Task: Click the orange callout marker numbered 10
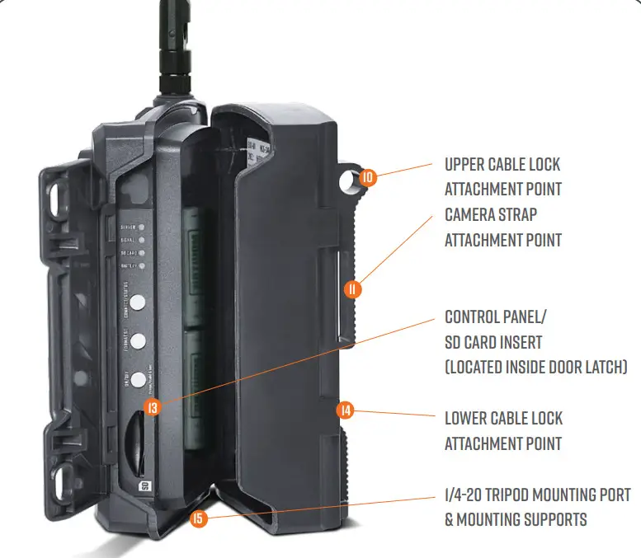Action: pos(368,176)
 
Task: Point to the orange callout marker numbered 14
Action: pos(345,410)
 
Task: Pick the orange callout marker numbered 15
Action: pos(198,519)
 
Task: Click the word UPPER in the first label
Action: pos(467,165)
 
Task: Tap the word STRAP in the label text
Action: pos(518,215)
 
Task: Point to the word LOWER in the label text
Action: pos(468,419)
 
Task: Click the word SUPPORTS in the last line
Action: pos(554,520)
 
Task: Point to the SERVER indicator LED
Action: pos(143,224)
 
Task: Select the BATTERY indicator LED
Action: pos(143,266)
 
